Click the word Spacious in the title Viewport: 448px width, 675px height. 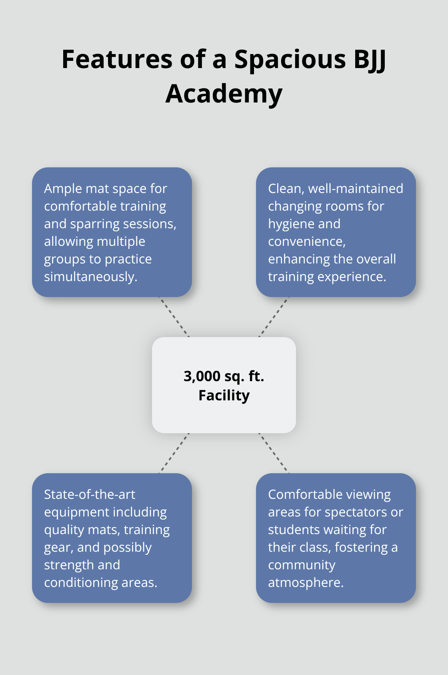290,59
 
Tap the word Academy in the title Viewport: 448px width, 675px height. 224,94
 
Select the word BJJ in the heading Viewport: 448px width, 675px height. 370,59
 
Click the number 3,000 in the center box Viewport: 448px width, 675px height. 202,376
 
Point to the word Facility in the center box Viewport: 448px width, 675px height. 224,396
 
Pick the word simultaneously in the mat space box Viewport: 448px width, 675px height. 90,277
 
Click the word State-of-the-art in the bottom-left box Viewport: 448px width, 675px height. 90,494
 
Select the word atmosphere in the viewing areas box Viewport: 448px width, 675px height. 306,583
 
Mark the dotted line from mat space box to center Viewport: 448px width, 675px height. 174,317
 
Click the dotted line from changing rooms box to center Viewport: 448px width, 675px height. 274,317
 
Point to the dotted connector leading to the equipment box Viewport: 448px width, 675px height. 174,453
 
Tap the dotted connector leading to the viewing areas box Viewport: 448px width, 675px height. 274,453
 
